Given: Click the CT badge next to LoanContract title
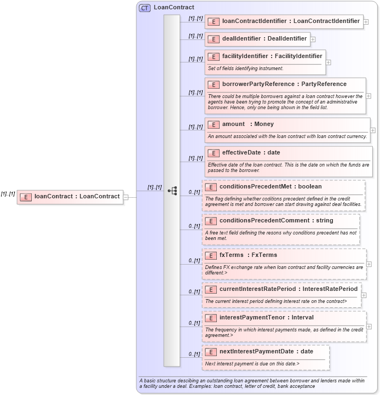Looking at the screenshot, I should [145, 8].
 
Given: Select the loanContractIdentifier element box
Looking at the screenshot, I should [284, 21].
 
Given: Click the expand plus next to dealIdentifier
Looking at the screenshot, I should [313, 39].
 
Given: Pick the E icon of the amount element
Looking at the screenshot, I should [214, 124].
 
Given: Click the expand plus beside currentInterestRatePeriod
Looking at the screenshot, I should [364, 295].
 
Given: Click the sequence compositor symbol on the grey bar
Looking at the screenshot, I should [172, 191].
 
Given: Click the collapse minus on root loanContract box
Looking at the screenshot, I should [126, 197].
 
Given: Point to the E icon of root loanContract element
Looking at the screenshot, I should [26, 197].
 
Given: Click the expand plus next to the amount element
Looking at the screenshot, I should [373, 130].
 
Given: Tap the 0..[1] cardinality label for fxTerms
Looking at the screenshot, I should [194, 260].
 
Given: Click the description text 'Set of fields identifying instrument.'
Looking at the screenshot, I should [245, 68].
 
